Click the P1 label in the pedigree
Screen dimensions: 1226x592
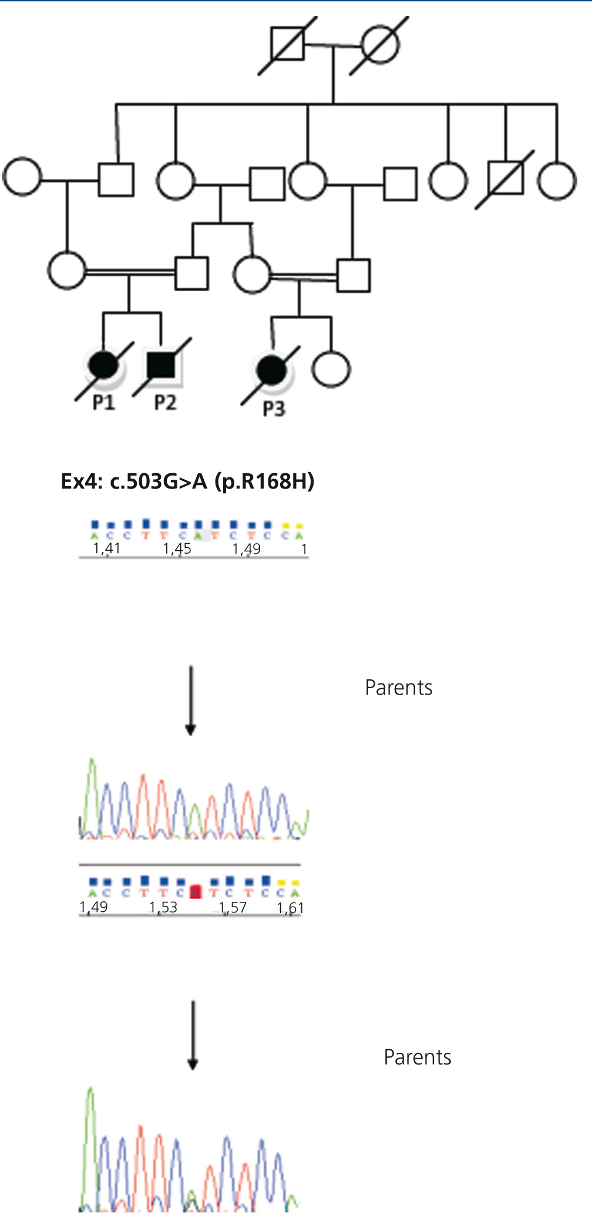[x=103, y=402]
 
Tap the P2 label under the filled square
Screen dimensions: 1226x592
[x=165, y=402]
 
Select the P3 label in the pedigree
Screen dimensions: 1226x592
[x=274, y=409]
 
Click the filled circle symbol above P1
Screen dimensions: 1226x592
[x=103, y=366]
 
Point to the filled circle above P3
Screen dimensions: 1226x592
[x=272, y=371]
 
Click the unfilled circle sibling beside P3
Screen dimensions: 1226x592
[x=331, y=369]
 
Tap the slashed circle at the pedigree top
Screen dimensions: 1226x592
[x=379, y=45]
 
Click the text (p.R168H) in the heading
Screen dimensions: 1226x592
[x=264, y=481]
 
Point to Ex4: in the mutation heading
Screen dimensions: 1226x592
[x=82, y=481]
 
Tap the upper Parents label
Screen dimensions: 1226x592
[x=398, y=688]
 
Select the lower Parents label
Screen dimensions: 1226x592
[x=417, y=1057]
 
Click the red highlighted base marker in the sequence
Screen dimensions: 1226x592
[x=196, y=892]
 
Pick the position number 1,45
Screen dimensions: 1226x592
[x=177, y=548]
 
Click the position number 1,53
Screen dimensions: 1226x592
[x=163, y=907]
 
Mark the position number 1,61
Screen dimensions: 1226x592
[x=290, y=908]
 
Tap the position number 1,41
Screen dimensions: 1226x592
[x=106, y=548]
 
